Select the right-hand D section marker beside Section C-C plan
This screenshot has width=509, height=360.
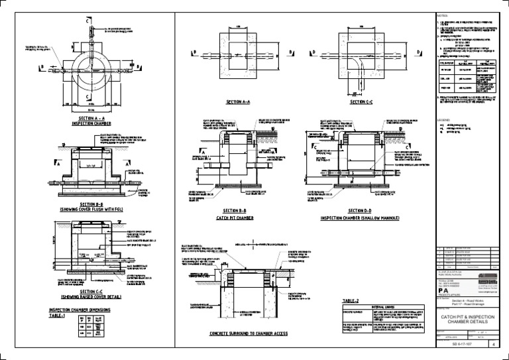coord(418,52)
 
